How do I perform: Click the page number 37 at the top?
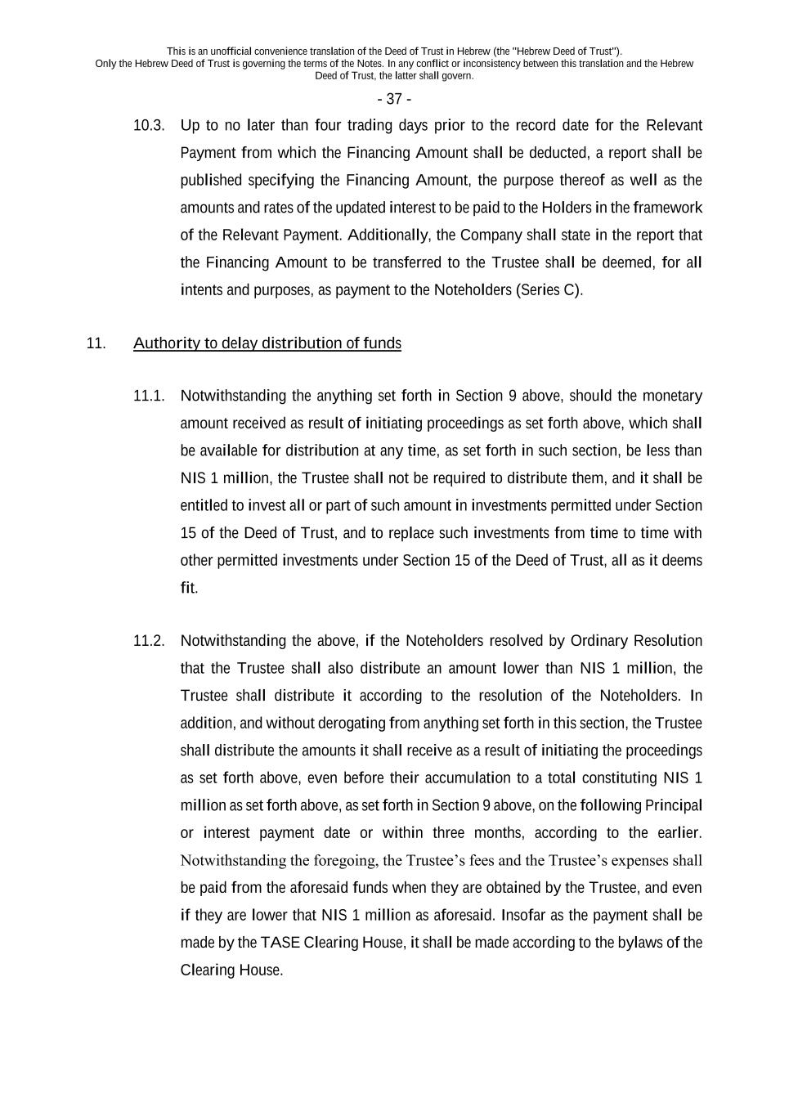394,99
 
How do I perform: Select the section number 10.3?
149,126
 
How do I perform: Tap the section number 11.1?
149,397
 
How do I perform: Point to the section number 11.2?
149,641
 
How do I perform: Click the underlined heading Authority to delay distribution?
267,343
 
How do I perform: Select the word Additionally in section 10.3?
388,235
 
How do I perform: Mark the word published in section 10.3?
211,181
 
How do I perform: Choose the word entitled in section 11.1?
204,506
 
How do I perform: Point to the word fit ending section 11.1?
188,589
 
